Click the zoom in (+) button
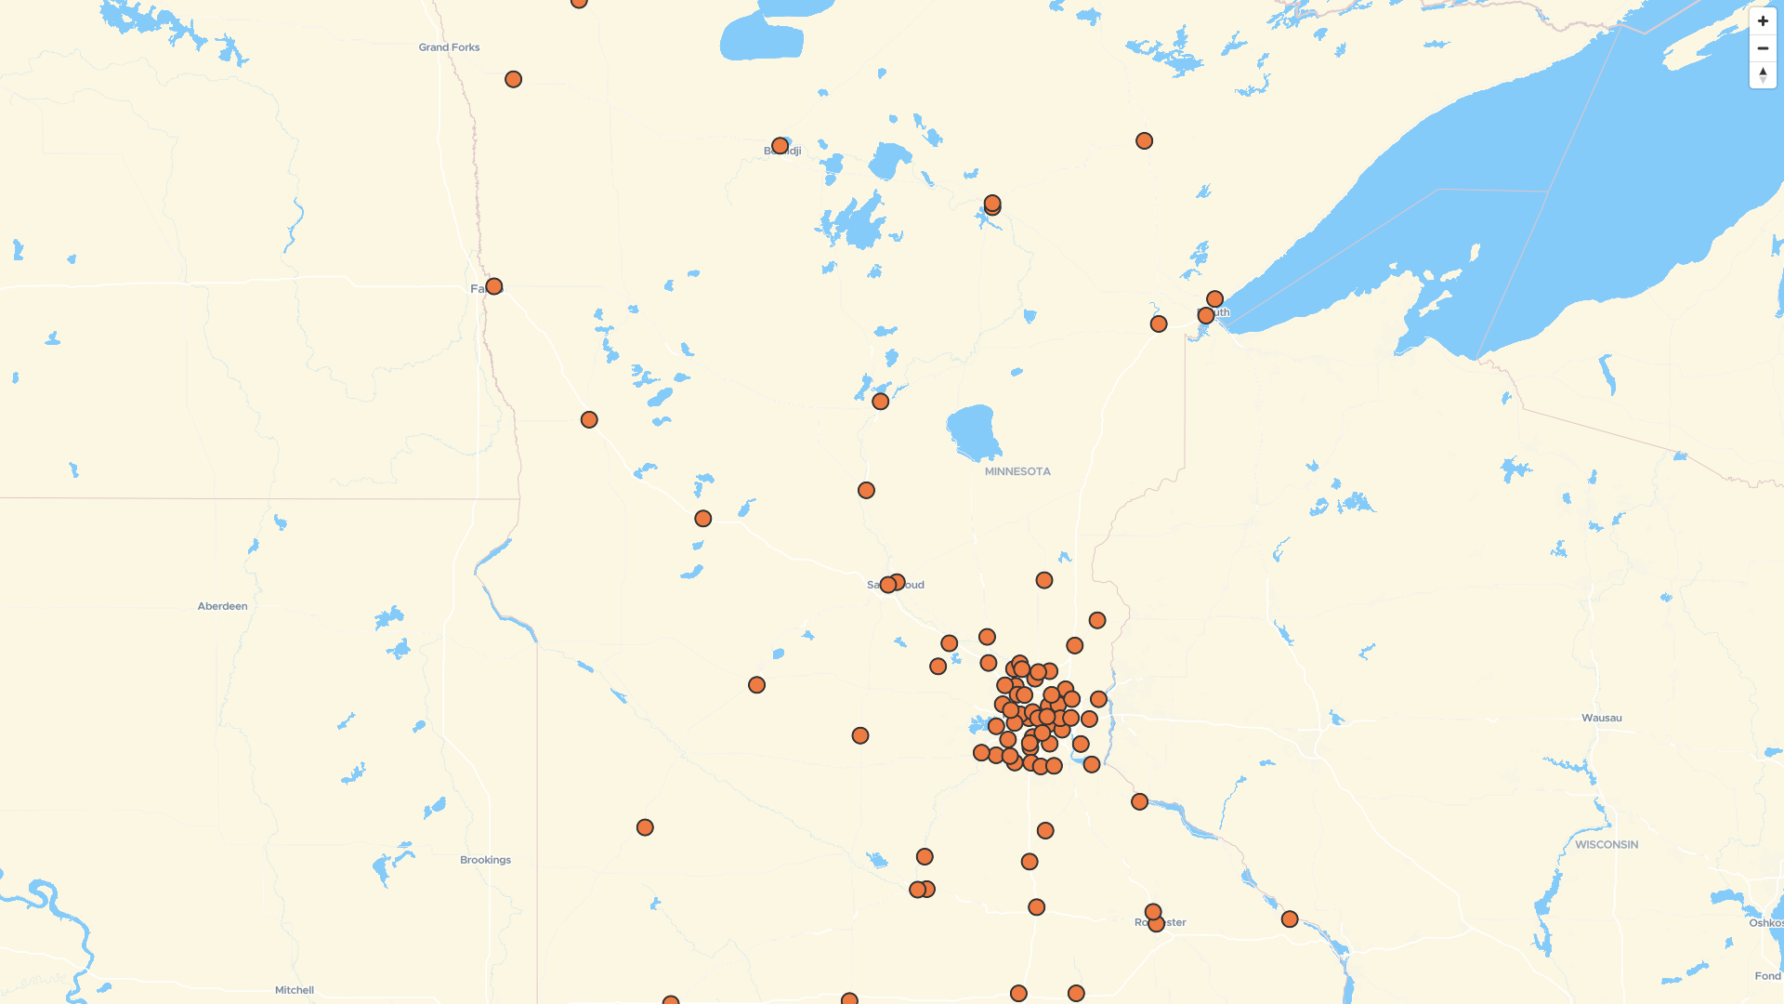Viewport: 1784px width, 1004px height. click(1763, 21)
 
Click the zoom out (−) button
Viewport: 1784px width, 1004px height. click(1763, 48)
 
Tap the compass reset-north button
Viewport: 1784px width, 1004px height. click(1763, 75)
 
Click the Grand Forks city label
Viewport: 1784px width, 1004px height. click(449, 47)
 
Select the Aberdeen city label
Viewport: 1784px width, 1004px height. click(222, 606)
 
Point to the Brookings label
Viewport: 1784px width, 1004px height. click(485, 860)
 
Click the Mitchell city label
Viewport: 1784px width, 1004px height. click(295, 990)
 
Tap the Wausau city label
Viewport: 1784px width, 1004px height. click(1601, 718)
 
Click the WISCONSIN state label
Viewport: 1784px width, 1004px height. click(1607, 845)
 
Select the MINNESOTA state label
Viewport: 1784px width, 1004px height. click(1017, 471)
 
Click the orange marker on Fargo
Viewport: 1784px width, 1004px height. click(494, 286)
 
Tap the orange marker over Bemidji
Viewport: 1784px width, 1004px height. click(780, 146)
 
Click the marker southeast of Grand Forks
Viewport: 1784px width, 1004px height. click(513, 80)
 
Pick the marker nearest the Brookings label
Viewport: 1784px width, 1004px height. click(645, 827)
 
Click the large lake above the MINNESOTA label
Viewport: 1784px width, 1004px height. click(972, 431)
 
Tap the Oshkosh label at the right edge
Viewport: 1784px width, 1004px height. click(1765, 923)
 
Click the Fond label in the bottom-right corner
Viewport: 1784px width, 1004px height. click(1767, 976)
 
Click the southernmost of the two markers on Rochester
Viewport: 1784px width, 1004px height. click(1156, 924)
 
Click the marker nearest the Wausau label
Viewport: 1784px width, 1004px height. click(1290, 919)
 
